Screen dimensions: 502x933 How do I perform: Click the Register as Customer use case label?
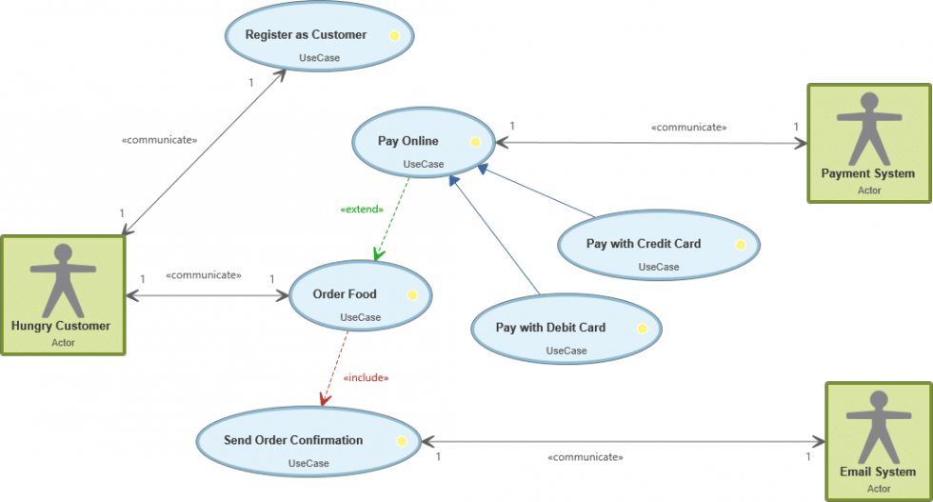point(306,35)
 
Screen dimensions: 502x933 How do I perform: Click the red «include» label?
point(366,377)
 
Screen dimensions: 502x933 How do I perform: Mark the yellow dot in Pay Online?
point(474,142)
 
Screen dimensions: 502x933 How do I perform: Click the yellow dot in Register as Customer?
point(393,36)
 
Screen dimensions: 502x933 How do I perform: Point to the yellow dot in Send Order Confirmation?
point(402,441)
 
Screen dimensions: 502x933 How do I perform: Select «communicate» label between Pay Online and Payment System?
point(688,127)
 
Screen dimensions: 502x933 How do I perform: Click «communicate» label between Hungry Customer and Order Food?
point(203,275)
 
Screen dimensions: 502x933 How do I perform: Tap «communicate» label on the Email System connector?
point(585,457)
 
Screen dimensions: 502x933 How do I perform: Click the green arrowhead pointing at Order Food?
point(378,254)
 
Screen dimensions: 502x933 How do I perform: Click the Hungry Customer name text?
point(61,326)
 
